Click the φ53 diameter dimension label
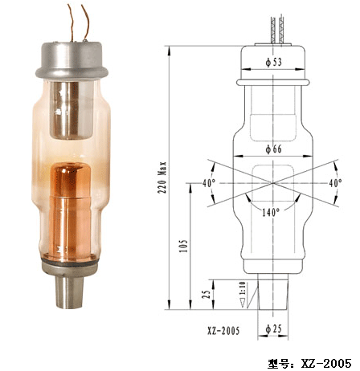274,62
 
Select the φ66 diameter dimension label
274,149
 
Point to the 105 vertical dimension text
184,246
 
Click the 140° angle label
271,213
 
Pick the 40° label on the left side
209,183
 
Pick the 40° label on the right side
335,183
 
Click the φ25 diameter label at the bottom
274,329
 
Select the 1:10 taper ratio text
242,288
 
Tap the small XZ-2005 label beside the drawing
223,331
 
